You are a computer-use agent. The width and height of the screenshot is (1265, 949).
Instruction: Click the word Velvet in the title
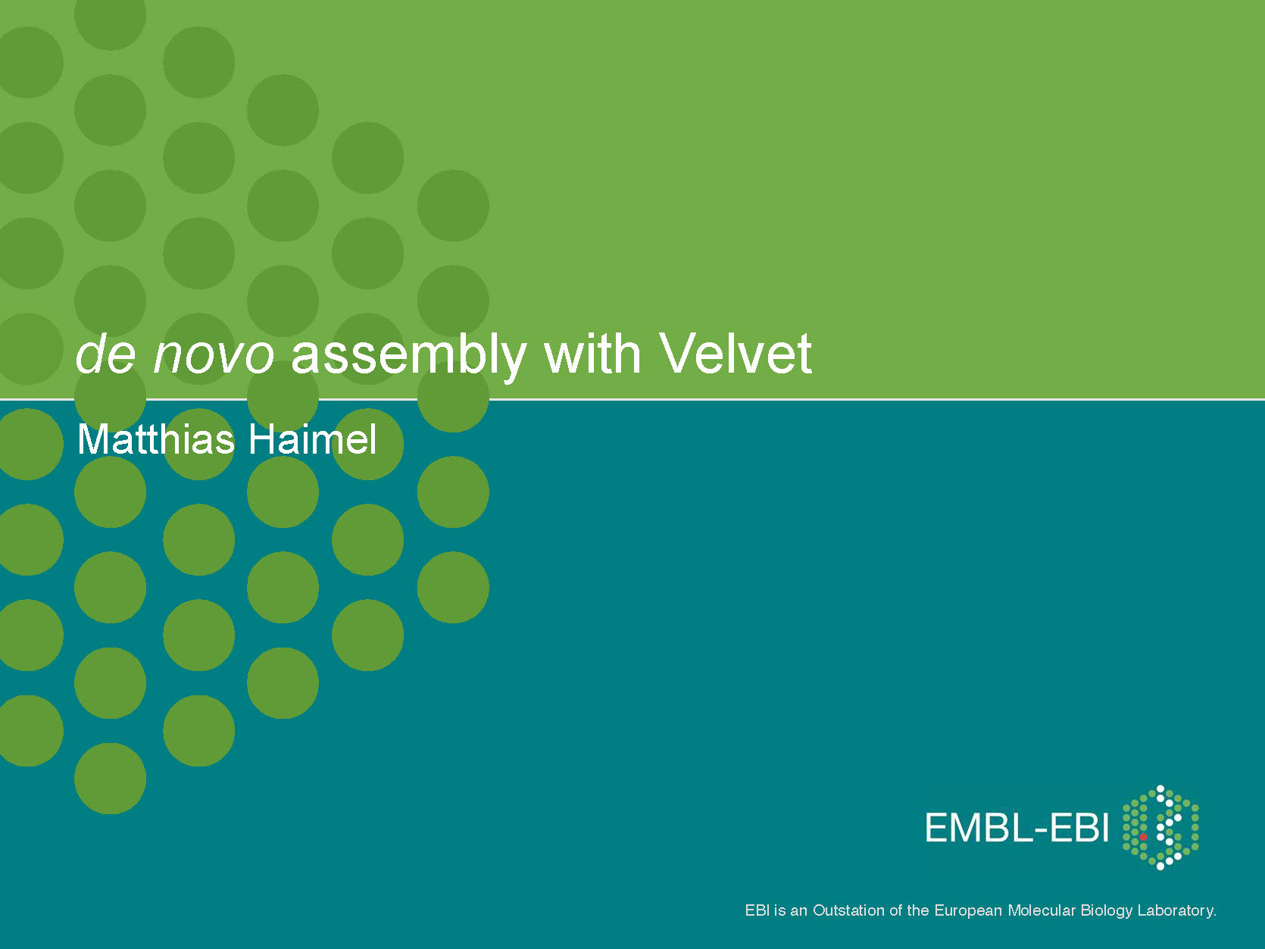click(x=736, y=353)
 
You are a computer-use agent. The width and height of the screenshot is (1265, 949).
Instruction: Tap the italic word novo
click(x=214, y=355)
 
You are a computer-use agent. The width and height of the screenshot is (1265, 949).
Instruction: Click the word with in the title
click(x=592, y=353)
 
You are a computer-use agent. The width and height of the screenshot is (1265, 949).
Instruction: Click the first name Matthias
click(x=156, y=439)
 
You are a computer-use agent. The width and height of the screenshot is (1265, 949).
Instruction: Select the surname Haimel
click(x=312, y=439)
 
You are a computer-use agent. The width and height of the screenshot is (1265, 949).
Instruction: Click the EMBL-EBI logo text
click(x=1017, y=827)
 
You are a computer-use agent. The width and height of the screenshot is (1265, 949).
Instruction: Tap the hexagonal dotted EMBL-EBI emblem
click(x=1160, y=827)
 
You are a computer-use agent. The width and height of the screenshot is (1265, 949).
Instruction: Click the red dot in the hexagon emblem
click(x=1143, y=837)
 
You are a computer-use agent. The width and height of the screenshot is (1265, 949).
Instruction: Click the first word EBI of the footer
click(x=757, y=910)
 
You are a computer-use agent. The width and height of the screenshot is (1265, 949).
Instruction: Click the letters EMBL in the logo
click(x=979, y=827)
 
